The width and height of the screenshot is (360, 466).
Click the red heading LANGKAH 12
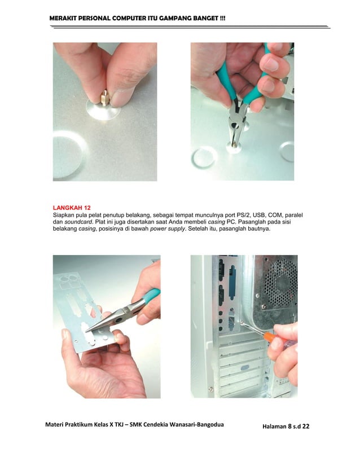click(67, 207)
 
